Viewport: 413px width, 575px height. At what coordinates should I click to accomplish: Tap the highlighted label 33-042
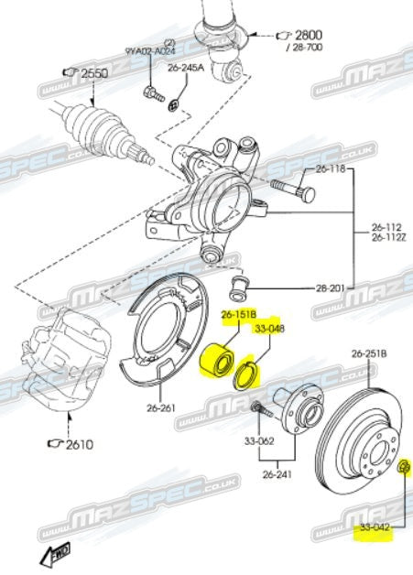click(x=373, y=529)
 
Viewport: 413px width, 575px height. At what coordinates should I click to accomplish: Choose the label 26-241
click(x=277, y=474)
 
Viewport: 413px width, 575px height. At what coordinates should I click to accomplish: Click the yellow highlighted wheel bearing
click(x=219, y=358)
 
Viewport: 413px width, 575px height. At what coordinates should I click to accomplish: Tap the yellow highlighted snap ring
click(x=248, y=374)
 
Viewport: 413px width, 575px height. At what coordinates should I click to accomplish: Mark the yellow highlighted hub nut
click(x=407, y=471)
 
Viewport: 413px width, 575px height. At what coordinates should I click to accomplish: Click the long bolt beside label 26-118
click(x=292, y=192)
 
